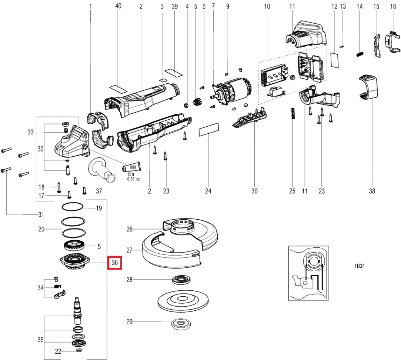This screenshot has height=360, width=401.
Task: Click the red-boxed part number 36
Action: point(114,263)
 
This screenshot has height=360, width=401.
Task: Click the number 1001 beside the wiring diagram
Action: point(359,266)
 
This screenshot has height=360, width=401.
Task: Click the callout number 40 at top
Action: point(118,6)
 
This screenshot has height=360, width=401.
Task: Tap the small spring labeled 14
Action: point(360,54)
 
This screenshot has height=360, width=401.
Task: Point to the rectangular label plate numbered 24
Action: point(209,130)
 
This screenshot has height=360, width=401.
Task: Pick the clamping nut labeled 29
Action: point(181,324)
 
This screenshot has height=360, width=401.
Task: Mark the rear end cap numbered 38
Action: point(368,87)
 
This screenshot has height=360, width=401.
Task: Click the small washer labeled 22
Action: point(79,350)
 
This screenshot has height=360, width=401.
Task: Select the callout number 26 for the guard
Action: point(129,229)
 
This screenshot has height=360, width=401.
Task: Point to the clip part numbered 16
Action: point(391,42)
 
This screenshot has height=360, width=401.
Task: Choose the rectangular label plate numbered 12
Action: point(334,60)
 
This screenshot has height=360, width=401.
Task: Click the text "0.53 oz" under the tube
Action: point(134,179)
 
